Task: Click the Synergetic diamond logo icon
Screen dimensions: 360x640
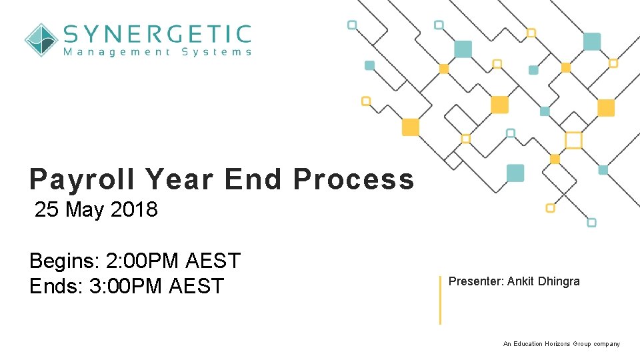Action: click(41, 40)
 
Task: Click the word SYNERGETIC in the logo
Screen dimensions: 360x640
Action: click(157, 33)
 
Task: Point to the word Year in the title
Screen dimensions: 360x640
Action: click(181, 179)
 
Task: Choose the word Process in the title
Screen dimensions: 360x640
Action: click(353, 179)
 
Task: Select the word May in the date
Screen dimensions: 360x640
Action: click(85, 210)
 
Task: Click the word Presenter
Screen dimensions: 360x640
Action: click(476, 281)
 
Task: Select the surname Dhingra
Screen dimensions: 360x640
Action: click(558, 281)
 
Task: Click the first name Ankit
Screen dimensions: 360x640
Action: click(521, 281)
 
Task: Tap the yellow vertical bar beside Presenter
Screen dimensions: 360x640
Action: click(440, 299)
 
